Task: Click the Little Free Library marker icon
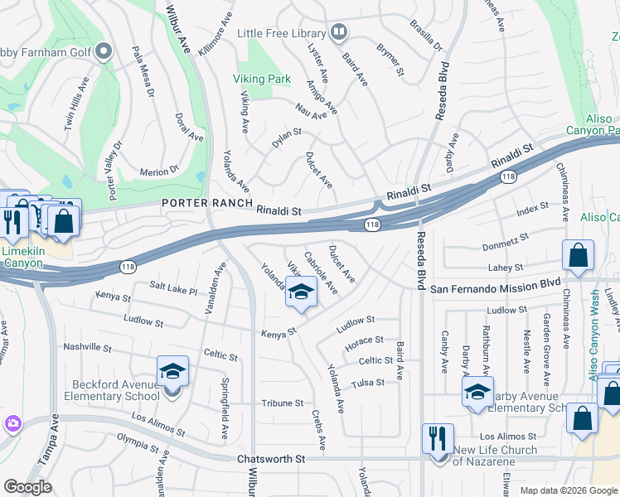pos(338,33)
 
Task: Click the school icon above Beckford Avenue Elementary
pos(172,371)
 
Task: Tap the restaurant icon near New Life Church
pos(437,439)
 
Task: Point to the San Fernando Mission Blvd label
pos(496,288)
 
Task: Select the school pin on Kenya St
pos(301,293)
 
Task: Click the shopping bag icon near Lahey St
pos(578,257)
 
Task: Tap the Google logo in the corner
pos(27,488)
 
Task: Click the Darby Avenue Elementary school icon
pos(477,393)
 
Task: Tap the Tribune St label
pos(283,403)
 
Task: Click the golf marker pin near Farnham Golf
pos(104,52)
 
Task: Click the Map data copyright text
pos(568,490)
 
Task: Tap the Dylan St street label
pos(287,138)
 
